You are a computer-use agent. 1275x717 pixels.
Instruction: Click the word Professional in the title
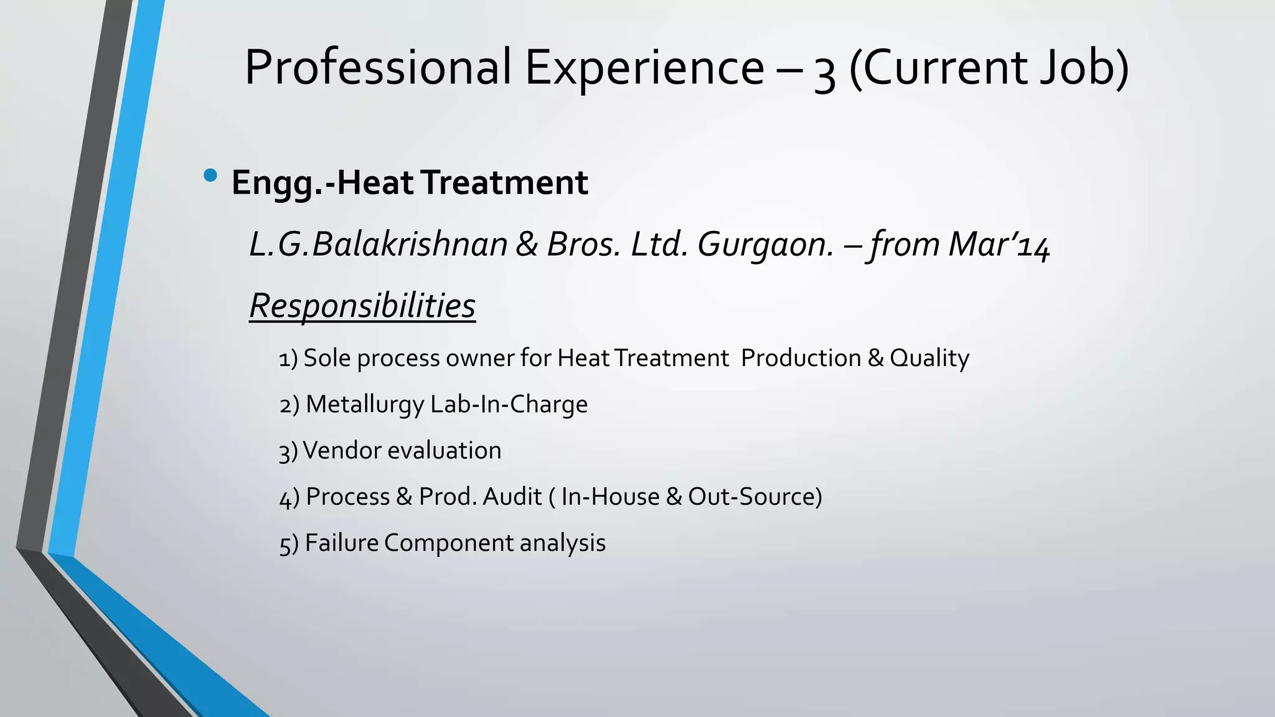tap(378, 67)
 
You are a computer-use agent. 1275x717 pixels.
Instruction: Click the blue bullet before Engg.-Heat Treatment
tap(210, 176)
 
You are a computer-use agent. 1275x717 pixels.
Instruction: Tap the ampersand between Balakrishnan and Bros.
tap(527, 244)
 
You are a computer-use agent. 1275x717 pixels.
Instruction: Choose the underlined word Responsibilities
tap(362, 306)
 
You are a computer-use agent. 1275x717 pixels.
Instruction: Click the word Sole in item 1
tap(327, 358)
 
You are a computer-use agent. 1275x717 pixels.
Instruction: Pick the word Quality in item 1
tap(929, 358)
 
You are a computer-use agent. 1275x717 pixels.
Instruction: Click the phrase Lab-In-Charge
tap(509, 405)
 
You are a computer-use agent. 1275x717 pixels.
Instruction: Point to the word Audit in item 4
tap(512, 497)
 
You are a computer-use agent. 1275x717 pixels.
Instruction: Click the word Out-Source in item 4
tap(751, 497)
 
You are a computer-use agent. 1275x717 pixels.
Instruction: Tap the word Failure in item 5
tap(342, 543)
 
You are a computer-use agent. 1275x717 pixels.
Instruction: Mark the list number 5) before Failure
tap(289, 544)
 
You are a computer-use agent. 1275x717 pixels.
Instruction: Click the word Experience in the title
tap(644, 67)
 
